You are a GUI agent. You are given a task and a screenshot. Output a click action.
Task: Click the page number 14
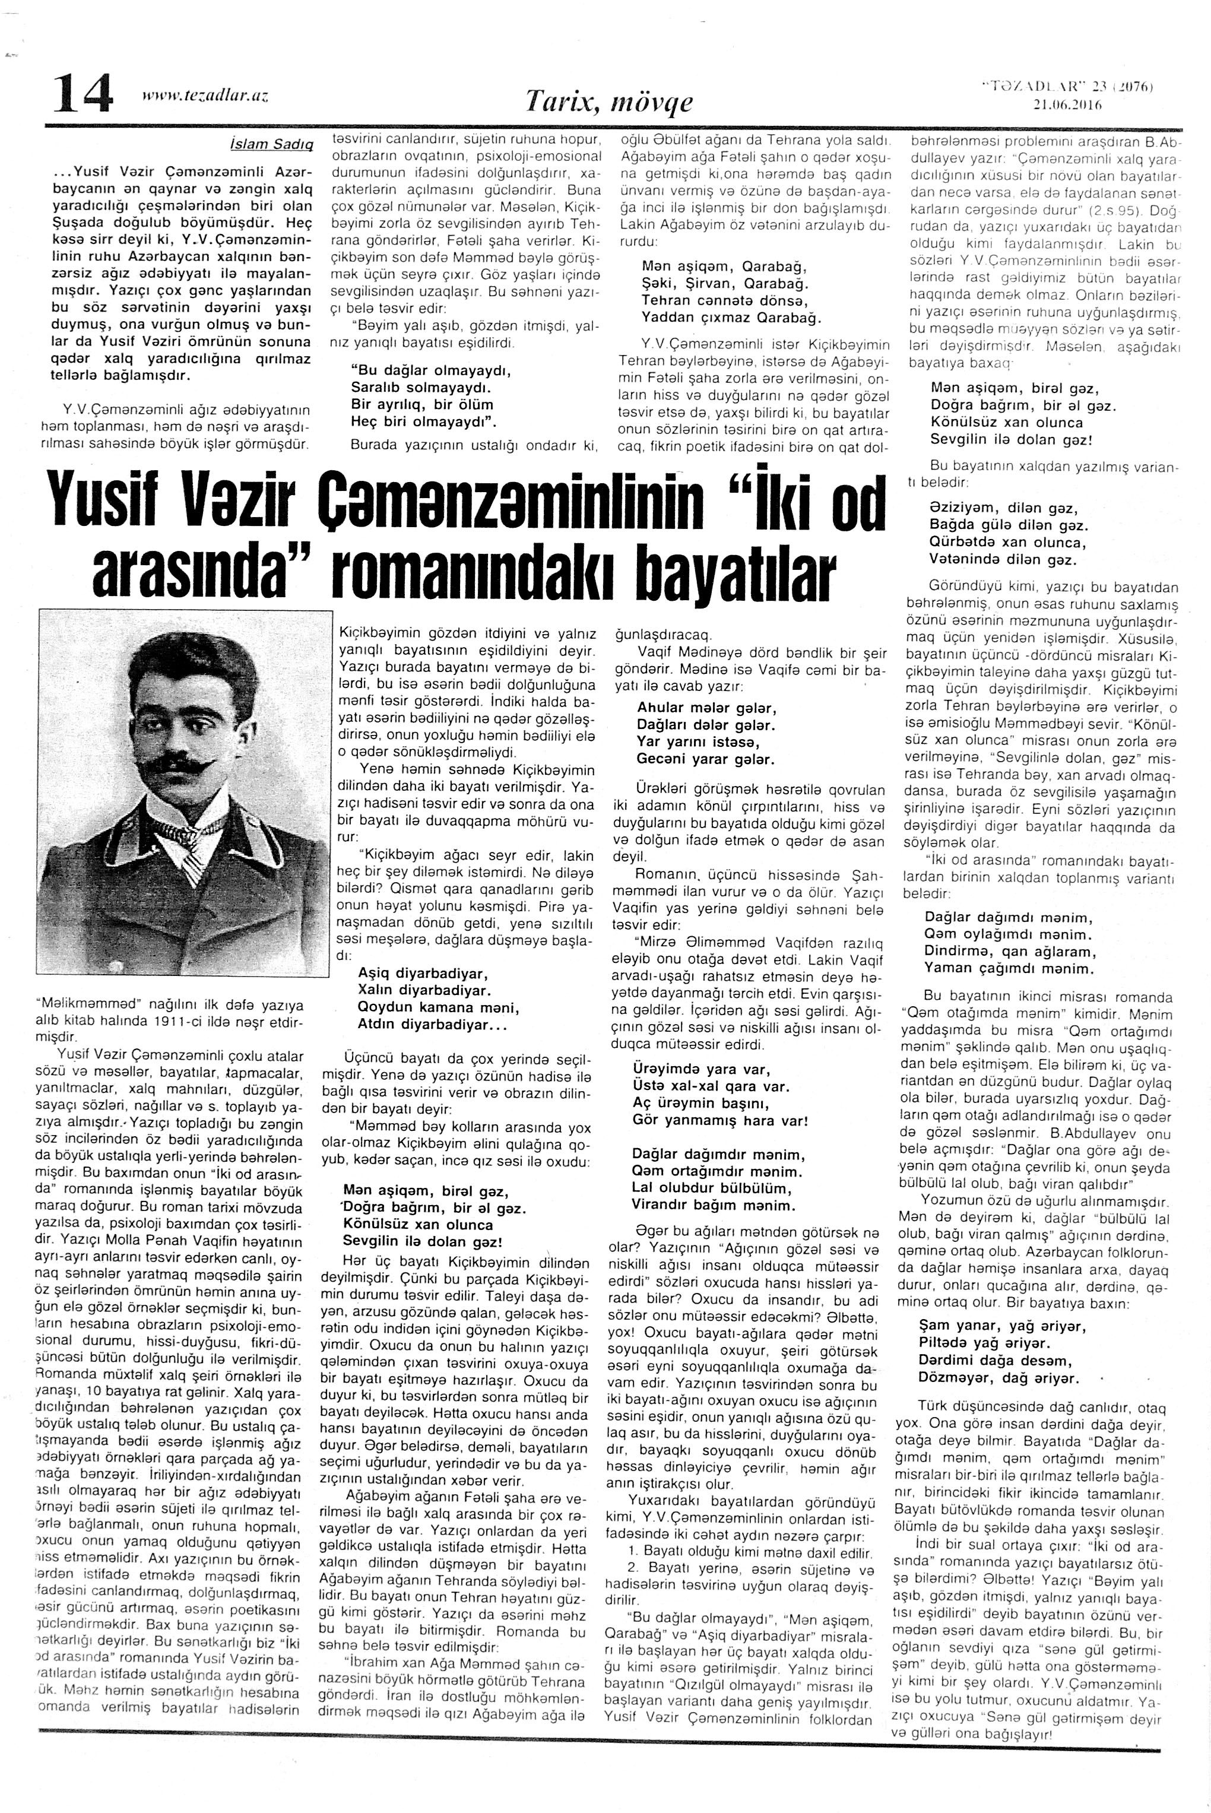tap(83, 95)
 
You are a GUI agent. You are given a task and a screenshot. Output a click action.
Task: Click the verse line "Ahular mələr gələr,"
tap(706, 708)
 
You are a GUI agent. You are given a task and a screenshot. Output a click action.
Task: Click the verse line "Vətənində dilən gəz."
tap(1001, 560)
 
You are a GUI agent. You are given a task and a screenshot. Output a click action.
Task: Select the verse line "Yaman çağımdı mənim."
tap(1009, 968)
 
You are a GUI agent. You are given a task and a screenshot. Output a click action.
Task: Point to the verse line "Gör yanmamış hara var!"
tap(720, 1120)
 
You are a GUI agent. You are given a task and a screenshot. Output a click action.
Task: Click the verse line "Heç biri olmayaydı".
tap(423, 421)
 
